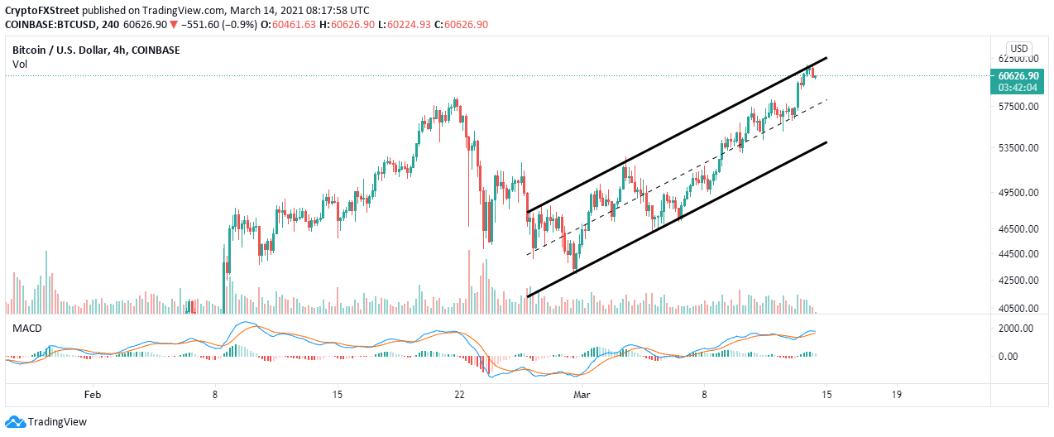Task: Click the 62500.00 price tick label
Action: (x=1017, y=60)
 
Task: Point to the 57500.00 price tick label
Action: (x=1017, y=108)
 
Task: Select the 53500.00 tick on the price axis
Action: (x=1017, y=148)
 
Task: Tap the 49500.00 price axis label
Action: (x=1017, y=193)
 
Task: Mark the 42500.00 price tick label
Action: (x=1017, y=281)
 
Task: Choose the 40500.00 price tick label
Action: (x=1017, y=309)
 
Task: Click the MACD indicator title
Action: (x=26, y=329)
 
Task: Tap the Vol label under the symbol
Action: (x=19, y=64)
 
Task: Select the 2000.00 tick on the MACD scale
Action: (x=1013, y=329)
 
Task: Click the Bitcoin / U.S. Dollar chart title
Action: (x=96, y=50)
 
